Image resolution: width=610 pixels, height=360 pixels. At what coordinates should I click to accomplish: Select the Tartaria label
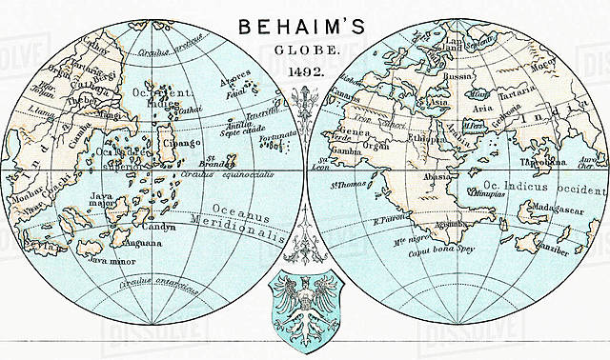pyautogui.click(x=509, y=96)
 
